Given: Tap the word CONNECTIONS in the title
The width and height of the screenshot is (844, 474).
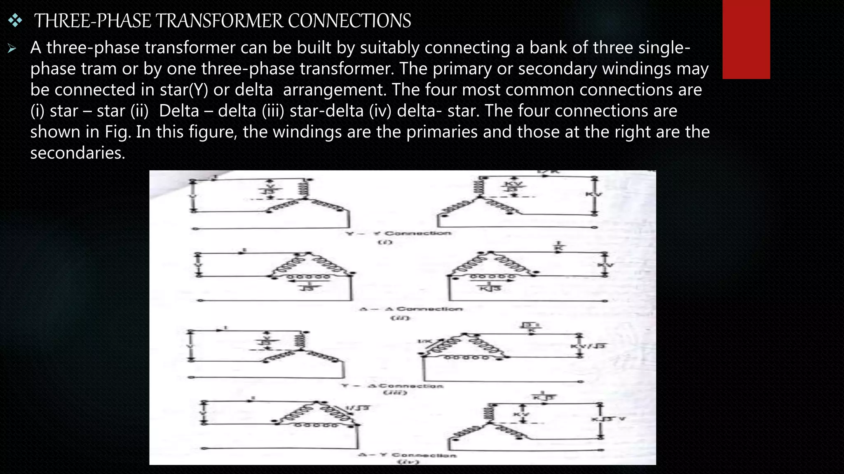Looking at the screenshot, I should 349,21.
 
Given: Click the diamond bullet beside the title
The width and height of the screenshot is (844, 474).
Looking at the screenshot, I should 15,21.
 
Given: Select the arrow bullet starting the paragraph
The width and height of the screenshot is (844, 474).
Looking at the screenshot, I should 12,49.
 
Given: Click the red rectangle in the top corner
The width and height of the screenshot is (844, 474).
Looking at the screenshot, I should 746,39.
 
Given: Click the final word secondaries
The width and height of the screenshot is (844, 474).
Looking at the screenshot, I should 77,153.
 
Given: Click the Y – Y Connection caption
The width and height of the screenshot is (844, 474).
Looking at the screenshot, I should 399,233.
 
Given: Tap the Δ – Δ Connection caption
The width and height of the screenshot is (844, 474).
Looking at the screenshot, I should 411,309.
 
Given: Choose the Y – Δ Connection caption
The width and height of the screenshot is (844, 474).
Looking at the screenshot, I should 392,386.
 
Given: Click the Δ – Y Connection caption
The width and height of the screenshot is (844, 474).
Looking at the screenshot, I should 407,455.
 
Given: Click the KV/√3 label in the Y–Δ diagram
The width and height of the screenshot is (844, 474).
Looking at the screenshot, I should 588,346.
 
